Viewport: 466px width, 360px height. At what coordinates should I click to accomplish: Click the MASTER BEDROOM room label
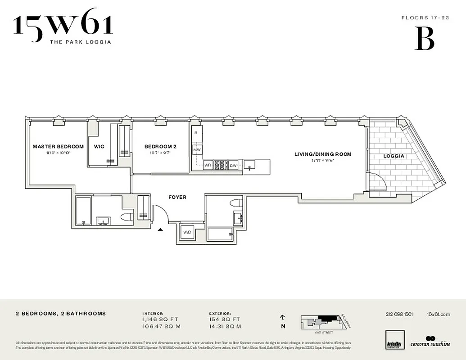pos(58,146)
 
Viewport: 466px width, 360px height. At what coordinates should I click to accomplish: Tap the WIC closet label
pos(99,146)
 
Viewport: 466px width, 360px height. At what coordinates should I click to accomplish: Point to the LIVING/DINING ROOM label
pos(323,154)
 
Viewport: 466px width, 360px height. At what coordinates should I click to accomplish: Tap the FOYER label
pos(177,197)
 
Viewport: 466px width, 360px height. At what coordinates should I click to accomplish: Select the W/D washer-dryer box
pos(186,232)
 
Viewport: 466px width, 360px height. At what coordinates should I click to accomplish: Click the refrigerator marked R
pos(196,133)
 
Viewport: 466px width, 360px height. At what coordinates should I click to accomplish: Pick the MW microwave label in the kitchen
pos(197,149)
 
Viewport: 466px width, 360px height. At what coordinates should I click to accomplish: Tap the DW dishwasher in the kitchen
pos(233,165)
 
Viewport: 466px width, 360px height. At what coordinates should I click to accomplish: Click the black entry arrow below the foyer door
pos(160,230)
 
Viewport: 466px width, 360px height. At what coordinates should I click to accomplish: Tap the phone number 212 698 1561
pos(399,314)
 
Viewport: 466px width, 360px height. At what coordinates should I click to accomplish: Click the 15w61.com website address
pos(438,314)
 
